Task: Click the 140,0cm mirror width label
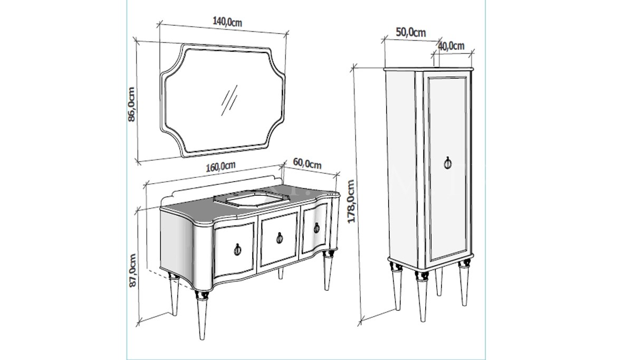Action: (227, 22)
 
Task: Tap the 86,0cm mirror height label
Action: (131, 105)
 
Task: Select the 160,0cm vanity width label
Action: (220, 166)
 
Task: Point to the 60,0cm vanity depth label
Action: (307, 164)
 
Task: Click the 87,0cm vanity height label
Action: (132, 271)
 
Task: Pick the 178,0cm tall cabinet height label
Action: (351, 201)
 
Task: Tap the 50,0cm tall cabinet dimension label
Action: (410, 33)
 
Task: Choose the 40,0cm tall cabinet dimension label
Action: (452, 45)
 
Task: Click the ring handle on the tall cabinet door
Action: (448, 163)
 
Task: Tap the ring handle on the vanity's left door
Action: (237, 249)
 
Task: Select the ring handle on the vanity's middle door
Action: (280, 238)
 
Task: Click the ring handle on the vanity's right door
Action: (316, 228)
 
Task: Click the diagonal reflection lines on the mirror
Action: (229, 100)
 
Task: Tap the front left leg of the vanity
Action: (202, 315)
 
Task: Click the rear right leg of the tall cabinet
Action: (438, 282)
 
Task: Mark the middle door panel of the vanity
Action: (279, 239)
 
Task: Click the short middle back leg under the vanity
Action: (281, 273)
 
